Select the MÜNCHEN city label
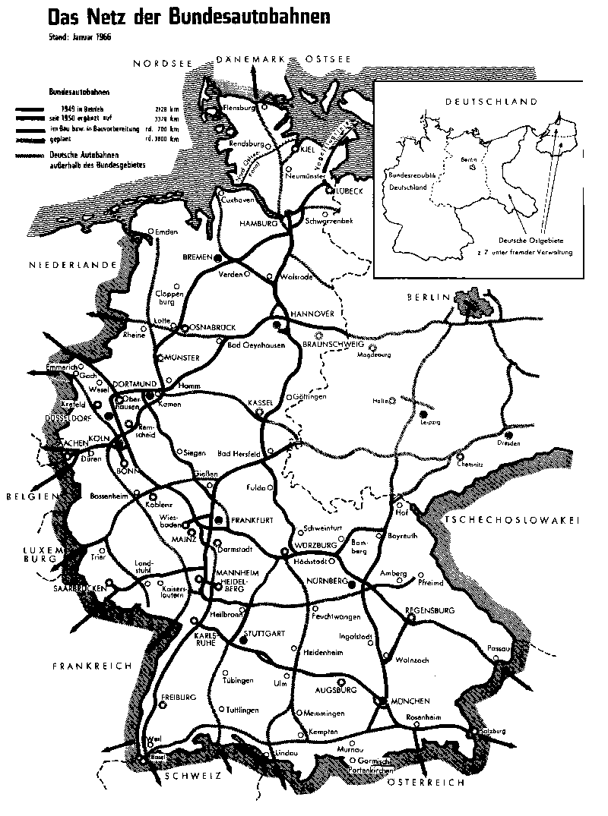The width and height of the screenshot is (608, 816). click(x=411, y=701)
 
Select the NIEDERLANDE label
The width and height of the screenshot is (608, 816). click(x=71, y=265)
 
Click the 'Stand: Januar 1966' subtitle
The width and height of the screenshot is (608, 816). click(x=75, y=36)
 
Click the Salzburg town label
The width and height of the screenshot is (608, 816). click(x=492, y=730)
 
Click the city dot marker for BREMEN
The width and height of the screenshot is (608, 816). click(x=219, y=258)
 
